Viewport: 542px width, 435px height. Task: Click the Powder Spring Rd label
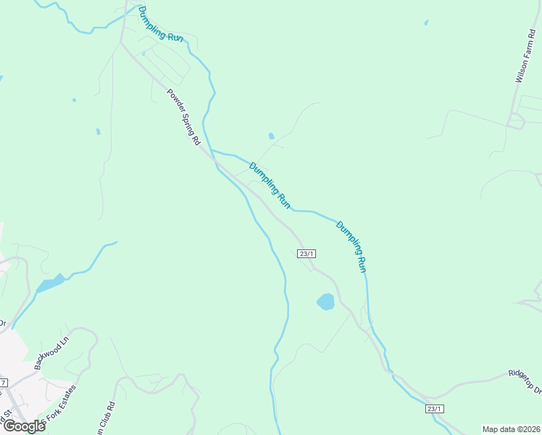pyautogui.click(x=183, y=118)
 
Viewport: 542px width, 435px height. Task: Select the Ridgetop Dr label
pyautogui.click(x=525, y=382)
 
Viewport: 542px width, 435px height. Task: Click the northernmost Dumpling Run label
pyautogui.click(x=161, y=24)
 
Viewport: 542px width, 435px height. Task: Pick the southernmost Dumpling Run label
pyautogui.click(x=352, y=246)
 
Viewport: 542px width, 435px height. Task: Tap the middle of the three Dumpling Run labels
pyautogui.click(x=270, y=186)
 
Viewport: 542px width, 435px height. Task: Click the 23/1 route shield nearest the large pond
pyautogui.click(x=307, y=253)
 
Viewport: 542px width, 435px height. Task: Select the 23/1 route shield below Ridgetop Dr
pyautogui.click(x=434, y=409)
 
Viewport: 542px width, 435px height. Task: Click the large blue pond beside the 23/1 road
pyautogui.click(x=325, y=301)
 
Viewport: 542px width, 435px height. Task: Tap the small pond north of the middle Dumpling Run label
pyautogui.click(x=272, y=136)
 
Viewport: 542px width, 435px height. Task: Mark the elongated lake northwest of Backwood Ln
pyautogui.click(x=49, y=283)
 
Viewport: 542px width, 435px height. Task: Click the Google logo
pyautogui.click(x=23, y=426)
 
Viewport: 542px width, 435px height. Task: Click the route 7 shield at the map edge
pyautogui.click(x=3, y=382)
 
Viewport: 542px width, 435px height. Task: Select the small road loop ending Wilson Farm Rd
pyautogui.click(x=515, y=121)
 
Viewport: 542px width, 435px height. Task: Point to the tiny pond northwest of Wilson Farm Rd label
pyautogui.click(x=426, y=22)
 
